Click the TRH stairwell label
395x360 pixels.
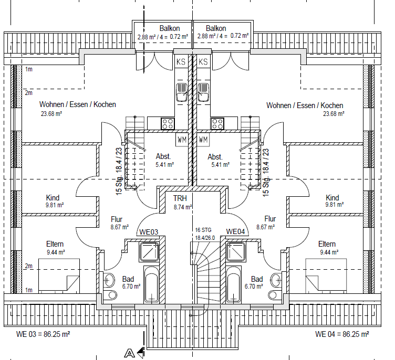[x=180, y=198]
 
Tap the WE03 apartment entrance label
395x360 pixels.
[x=149, y=232]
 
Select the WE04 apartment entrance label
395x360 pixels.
[x=235, y=231]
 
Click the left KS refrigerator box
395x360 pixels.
[x=181, y=61]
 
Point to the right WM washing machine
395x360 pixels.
[x=203, y=139]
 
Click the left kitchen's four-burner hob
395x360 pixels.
[x=168, y=123]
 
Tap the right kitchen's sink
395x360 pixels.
[x=203, y=92]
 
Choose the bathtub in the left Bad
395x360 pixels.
[x=151, y=284]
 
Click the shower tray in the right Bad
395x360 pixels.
[x=236, y=252]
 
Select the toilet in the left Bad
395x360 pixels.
[x=111, y=295]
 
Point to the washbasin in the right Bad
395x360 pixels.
[x=276, y=280]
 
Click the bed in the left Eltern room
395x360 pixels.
[x=59, y=276]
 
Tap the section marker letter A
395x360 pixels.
[x=130, y=353]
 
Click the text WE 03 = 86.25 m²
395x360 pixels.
[x=43, y=334]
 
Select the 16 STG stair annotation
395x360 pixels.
[x=203, y=230]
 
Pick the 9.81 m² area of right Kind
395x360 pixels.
[x=335, y=205]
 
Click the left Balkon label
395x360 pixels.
[x=170, y=28]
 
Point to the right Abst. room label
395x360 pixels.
[x=215, y=157]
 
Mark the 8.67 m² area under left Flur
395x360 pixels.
[x=120, y=227]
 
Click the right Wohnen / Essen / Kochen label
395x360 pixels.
[x=305, y=105]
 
